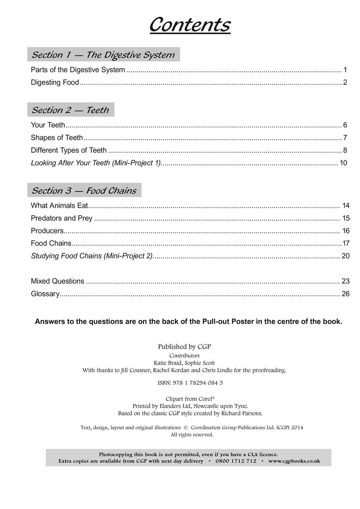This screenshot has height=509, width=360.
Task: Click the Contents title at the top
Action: (x=190, y=25)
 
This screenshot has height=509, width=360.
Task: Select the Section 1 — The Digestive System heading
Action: (x=103, y=55)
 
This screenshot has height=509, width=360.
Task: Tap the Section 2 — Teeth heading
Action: (x=70, y=110)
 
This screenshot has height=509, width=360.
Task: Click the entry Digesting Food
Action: (x=55, y=82)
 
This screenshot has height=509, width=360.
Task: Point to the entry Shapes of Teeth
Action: (x=57, y=138)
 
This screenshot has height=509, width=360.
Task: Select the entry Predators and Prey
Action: (x=62, y=218)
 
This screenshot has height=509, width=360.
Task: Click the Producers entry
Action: (x=47, y=231)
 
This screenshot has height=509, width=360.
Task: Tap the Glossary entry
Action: (x=45, y=294)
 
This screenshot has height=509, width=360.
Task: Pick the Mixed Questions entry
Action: (x=58, y=281)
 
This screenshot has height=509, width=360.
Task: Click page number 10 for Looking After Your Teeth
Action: (x=343, y=163)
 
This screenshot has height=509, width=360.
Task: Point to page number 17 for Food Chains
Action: (x=346, y=244)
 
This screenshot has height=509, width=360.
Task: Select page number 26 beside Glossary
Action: (x=345, y=294)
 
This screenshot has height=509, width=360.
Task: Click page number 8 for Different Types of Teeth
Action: (x=345, y=150)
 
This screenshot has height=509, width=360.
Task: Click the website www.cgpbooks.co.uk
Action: (x=294, y=461)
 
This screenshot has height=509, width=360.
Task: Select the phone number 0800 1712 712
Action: (x=236, y=461)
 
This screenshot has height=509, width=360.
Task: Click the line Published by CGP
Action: (x=184, y=347)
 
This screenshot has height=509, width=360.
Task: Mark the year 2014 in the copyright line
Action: (x=297, y=427)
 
